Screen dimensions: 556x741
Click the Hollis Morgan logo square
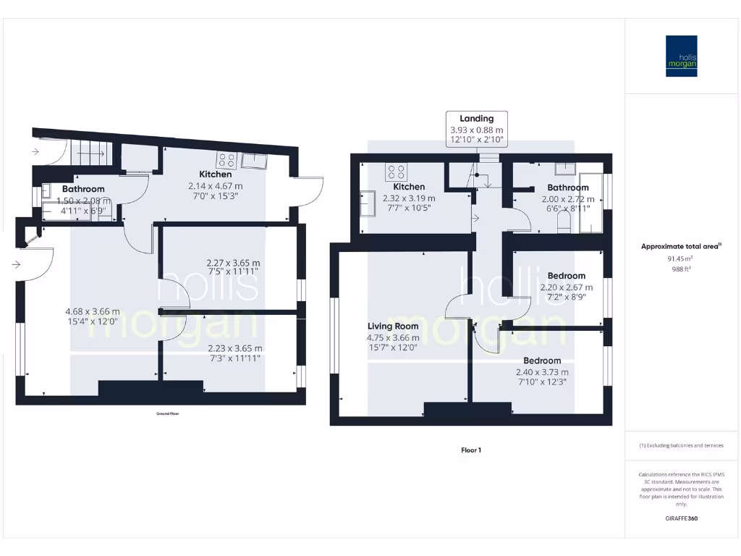(x=682, y=56)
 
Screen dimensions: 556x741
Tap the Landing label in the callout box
(x=476, y=119)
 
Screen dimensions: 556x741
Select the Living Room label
(x=393, y=327)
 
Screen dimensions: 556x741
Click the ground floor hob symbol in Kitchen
(x=226, y=160)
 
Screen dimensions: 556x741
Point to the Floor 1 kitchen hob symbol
(x=397, y=172)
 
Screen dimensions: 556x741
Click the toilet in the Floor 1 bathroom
(x=564, y=225)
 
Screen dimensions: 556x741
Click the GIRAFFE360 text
(x=681, y=518)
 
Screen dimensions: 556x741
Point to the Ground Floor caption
(x=167, y=413)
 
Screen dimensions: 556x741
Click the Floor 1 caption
(x=471, y=450)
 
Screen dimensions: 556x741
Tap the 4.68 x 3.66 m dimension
(x=92, y=312)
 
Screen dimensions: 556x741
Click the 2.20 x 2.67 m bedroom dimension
(x=567, y=287)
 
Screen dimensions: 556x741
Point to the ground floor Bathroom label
(x=83, y=189)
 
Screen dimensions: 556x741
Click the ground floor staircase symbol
(x=91, y=153)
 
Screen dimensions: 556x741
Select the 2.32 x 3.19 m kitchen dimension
(x=409, y=198)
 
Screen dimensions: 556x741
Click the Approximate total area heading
(x=680, y=247)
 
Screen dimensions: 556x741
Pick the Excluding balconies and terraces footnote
(x=681, y=445)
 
